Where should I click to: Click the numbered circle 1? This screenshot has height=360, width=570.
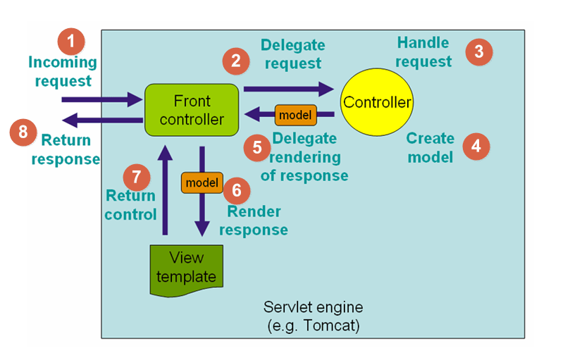point(70,39)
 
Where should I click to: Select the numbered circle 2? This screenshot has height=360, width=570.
point(236,62)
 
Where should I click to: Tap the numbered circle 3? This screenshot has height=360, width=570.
point(479,51)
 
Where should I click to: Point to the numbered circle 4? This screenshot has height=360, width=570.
point(476,146)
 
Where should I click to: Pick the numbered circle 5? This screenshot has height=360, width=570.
point(257,147)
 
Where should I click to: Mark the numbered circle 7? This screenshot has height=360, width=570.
point(136,175)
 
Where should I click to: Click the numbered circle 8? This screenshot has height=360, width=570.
point(23,132)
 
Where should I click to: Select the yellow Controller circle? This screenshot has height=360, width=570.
point(376,103)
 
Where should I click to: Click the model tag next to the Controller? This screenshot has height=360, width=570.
point(295,113)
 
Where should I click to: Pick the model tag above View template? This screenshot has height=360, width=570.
point(202,182)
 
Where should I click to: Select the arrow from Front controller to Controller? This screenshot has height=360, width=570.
point(288,89)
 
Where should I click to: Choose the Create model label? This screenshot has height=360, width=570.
point(430,147)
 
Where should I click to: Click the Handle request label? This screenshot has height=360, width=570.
point(423,52)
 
